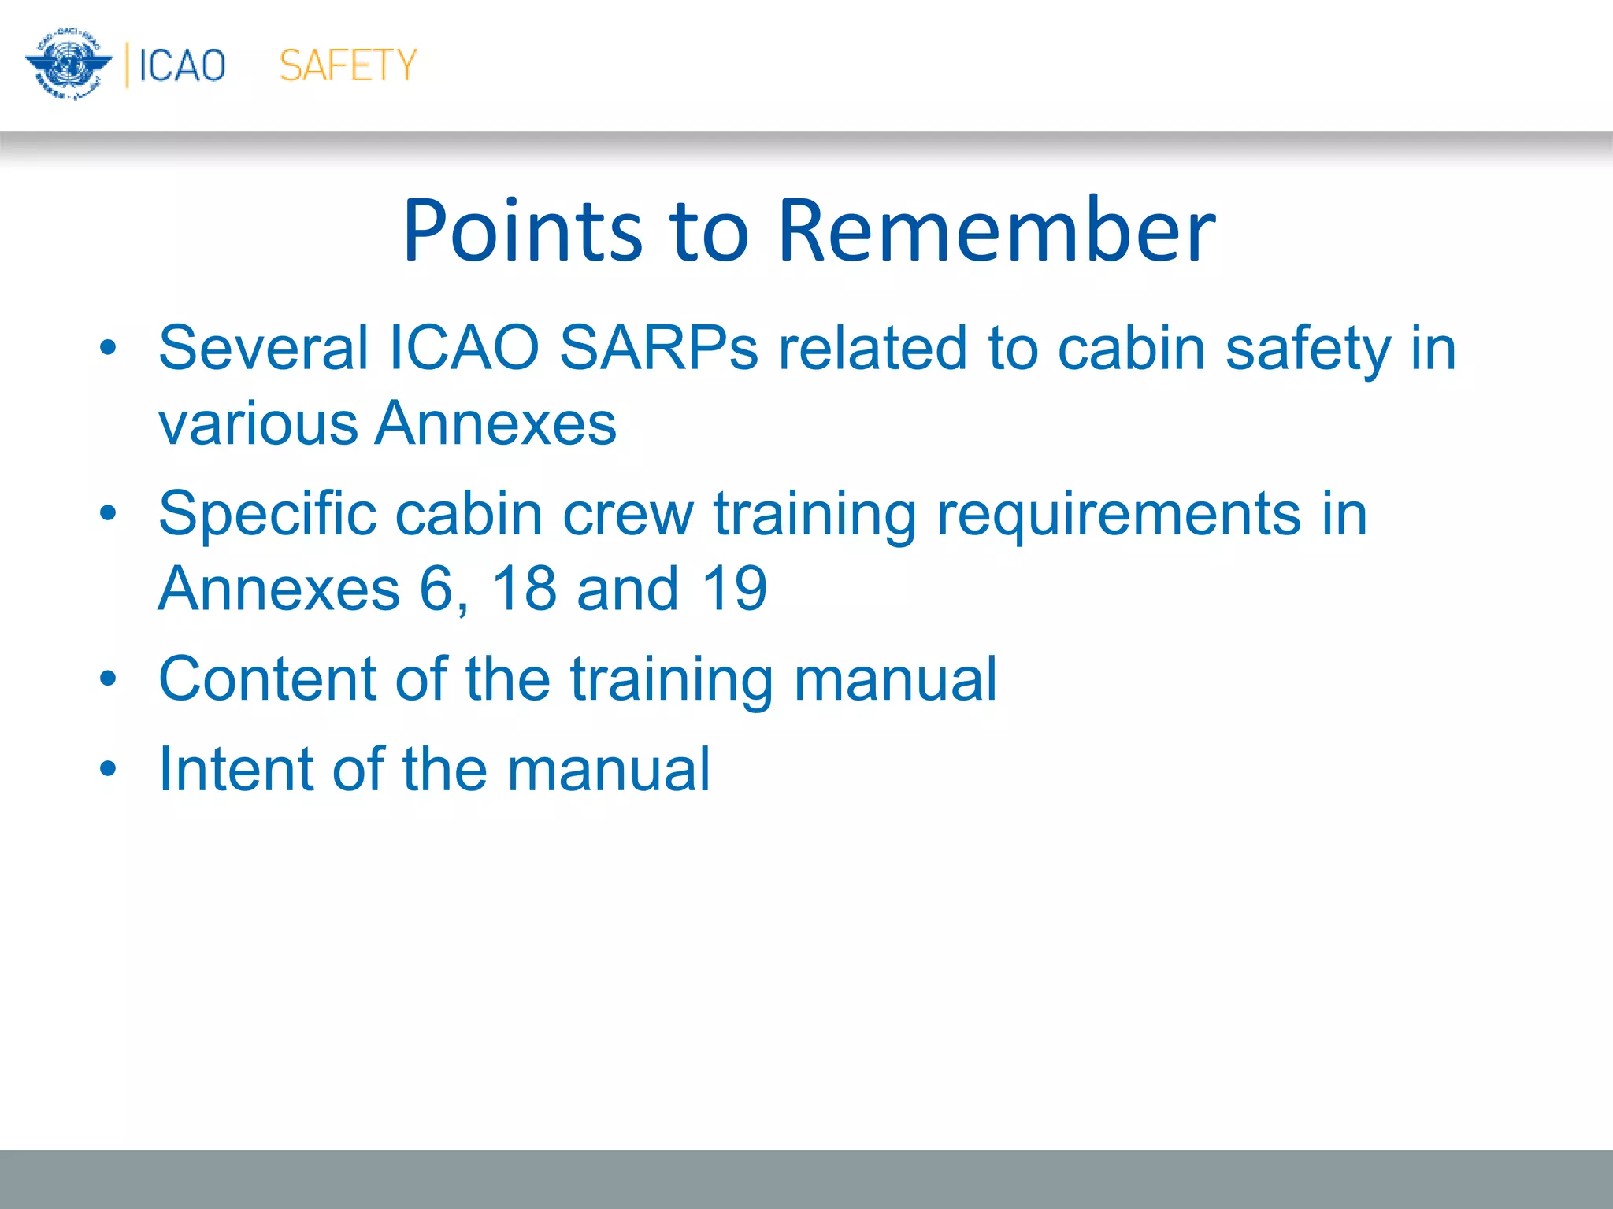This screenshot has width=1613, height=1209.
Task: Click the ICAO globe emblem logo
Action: pos(69,65)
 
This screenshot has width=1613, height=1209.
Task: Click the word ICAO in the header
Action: pos(182,65)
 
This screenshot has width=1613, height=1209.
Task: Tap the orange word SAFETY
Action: pos(347,65)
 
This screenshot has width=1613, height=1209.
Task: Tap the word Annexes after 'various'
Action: pos(495,423)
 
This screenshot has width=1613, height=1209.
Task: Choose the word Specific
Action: pos(266,514)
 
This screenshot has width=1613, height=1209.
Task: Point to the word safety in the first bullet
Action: pos(1308,348)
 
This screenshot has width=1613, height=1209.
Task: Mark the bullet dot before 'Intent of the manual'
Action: pos(108,768)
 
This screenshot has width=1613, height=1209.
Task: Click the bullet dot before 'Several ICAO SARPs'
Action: pos(108,347)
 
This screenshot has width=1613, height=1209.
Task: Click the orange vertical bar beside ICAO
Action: pos(127,65)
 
